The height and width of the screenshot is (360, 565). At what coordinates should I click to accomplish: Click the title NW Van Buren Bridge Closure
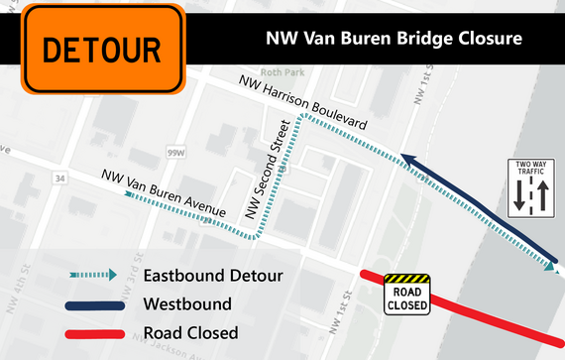pyautogui.click(x=394, y=42)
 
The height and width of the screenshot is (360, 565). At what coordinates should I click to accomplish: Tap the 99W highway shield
pyautogui.click(x=176, y=153)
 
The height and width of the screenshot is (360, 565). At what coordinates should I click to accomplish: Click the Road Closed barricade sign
pyautogui.click(x=406, y=295)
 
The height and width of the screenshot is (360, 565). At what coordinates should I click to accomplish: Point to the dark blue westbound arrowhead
pyautogui.click(x=405, y=157)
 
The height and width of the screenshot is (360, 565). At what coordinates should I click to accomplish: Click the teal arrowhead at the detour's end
pyautogui.click(x=549, y=266)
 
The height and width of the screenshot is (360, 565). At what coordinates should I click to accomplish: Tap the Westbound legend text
pyautogui.click(x=187, y=304)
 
